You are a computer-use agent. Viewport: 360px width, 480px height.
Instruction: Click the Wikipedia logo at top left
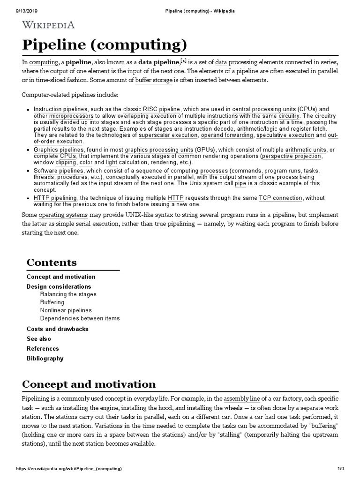pos(49,24)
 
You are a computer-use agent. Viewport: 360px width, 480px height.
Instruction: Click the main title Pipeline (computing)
pos(105,45)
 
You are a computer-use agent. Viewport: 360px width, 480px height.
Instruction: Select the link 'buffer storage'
pos(154,80)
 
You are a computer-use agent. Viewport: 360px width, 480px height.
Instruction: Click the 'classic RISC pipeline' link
pos(151,109)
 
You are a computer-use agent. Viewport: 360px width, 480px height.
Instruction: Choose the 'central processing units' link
pos(264,109)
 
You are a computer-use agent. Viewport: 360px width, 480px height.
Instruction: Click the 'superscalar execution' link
pos(168,135)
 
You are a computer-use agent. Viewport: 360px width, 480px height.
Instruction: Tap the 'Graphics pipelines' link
pos(58,150)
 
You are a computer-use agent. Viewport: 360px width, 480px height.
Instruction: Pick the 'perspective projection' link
pos(292,156)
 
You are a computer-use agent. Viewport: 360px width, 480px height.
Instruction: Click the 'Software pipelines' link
pos(58,171)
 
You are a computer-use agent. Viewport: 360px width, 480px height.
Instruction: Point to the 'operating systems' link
pos(63,215)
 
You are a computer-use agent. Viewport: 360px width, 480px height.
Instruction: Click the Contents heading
pos(52,262)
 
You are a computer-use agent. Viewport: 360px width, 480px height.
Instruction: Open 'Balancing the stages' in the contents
pos(68,294)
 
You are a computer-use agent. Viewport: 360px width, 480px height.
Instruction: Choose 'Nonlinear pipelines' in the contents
pos(66,310)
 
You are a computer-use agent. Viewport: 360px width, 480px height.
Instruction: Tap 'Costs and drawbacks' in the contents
pos(57,329)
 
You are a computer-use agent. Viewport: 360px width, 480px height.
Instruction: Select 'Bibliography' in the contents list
pos(45,359)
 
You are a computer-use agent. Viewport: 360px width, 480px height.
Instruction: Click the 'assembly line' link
pos(241,398)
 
